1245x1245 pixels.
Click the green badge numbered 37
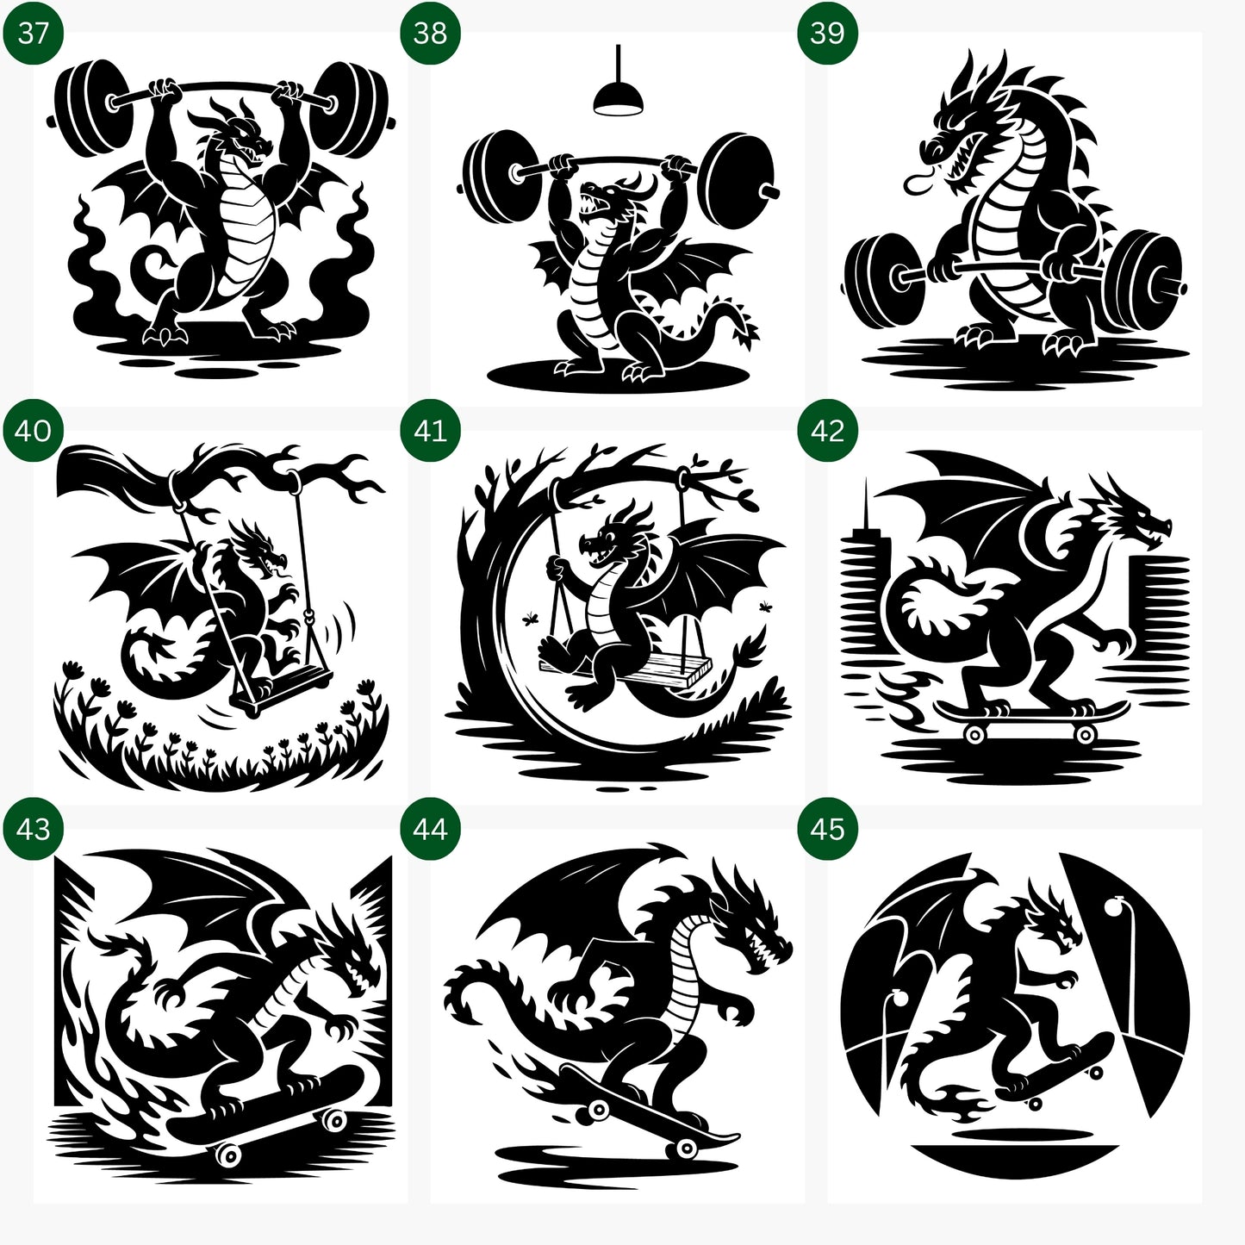pos(33,33)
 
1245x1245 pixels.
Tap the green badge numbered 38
pos(430,33)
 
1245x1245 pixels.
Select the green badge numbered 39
pos(827,33)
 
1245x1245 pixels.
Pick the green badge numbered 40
pos(33,430)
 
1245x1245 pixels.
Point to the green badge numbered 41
pos(430,430)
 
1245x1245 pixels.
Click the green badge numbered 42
pos(827,430)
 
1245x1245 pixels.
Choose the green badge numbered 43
pos(33,828)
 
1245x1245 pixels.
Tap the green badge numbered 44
pos(430,828)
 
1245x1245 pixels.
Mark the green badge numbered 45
pos(827,828)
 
